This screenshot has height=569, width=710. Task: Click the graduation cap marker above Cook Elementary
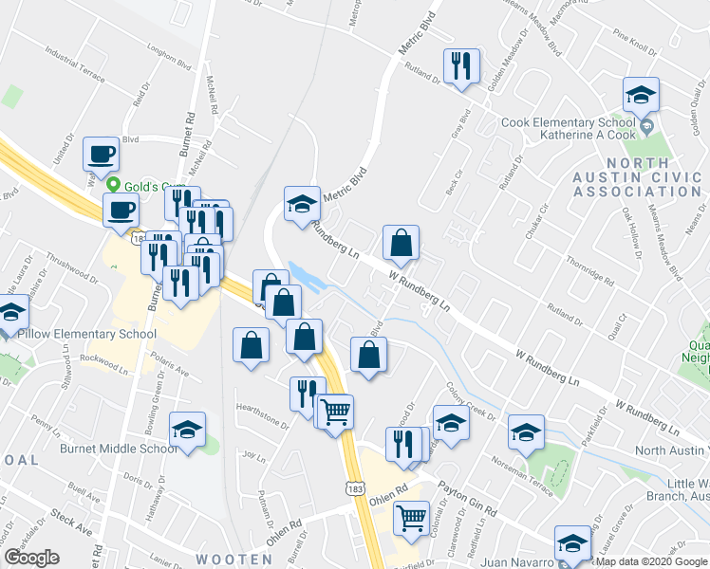click(x=641, y=96)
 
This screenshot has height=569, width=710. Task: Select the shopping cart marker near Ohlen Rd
click(x=410, y=518)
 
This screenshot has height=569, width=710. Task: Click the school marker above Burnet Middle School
click(x=187, y=430)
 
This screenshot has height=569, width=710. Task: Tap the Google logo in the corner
click(x=32, y=559)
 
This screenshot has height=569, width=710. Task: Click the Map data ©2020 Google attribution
click(x=651, y=561)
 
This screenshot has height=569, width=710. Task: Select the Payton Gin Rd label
click(x=467, y=500)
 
